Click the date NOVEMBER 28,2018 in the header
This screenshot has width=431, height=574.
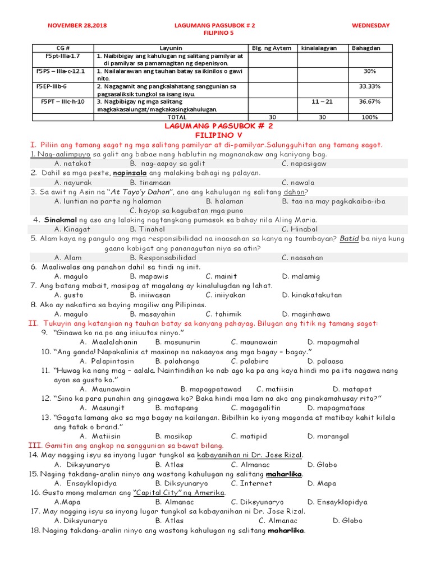pos(77,26)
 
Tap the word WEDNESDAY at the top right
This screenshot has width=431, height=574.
pos(370,26)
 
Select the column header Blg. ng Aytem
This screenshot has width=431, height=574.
pos(272,48)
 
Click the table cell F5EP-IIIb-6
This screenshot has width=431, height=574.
pos(52,87)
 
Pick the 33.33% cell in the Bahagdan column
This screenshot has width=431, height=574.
pos(370,87)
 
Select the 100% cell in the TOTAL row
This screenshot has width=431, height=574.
pos(370,118)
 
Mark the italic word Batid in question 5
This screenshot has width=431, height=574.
pos(349,238)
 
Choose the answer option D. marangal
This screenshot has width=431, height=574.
pos(328,436)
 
